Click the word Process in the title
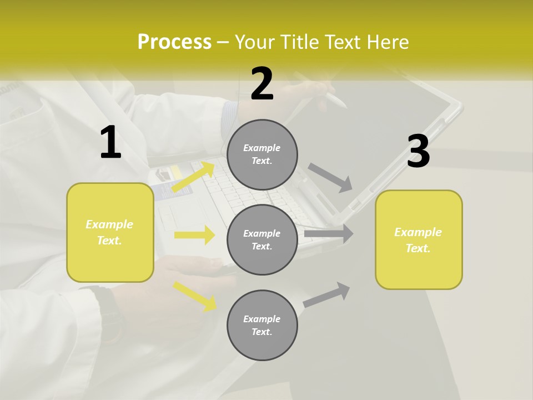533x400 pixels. (x=174, y=42)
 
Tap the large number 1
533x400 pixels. (x=110, y=143)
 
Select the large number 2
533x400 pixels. (x=262, y=84)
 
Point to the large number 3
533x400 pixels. (x=418, y=152)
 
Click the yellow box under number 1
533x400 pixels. (x=110, y=232)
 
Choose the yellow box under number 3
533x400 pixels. (x=419, y=239)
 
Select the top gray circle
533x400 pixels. (x=262, y=154)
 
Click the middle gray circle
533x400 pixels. (x=262, y=239)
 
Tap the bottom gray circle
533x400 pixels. (x=262, y=325)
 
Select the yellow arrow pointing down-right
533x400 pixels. (x=195, y=296)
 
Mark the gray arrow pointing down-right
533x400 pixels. (x=330, y=177)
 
